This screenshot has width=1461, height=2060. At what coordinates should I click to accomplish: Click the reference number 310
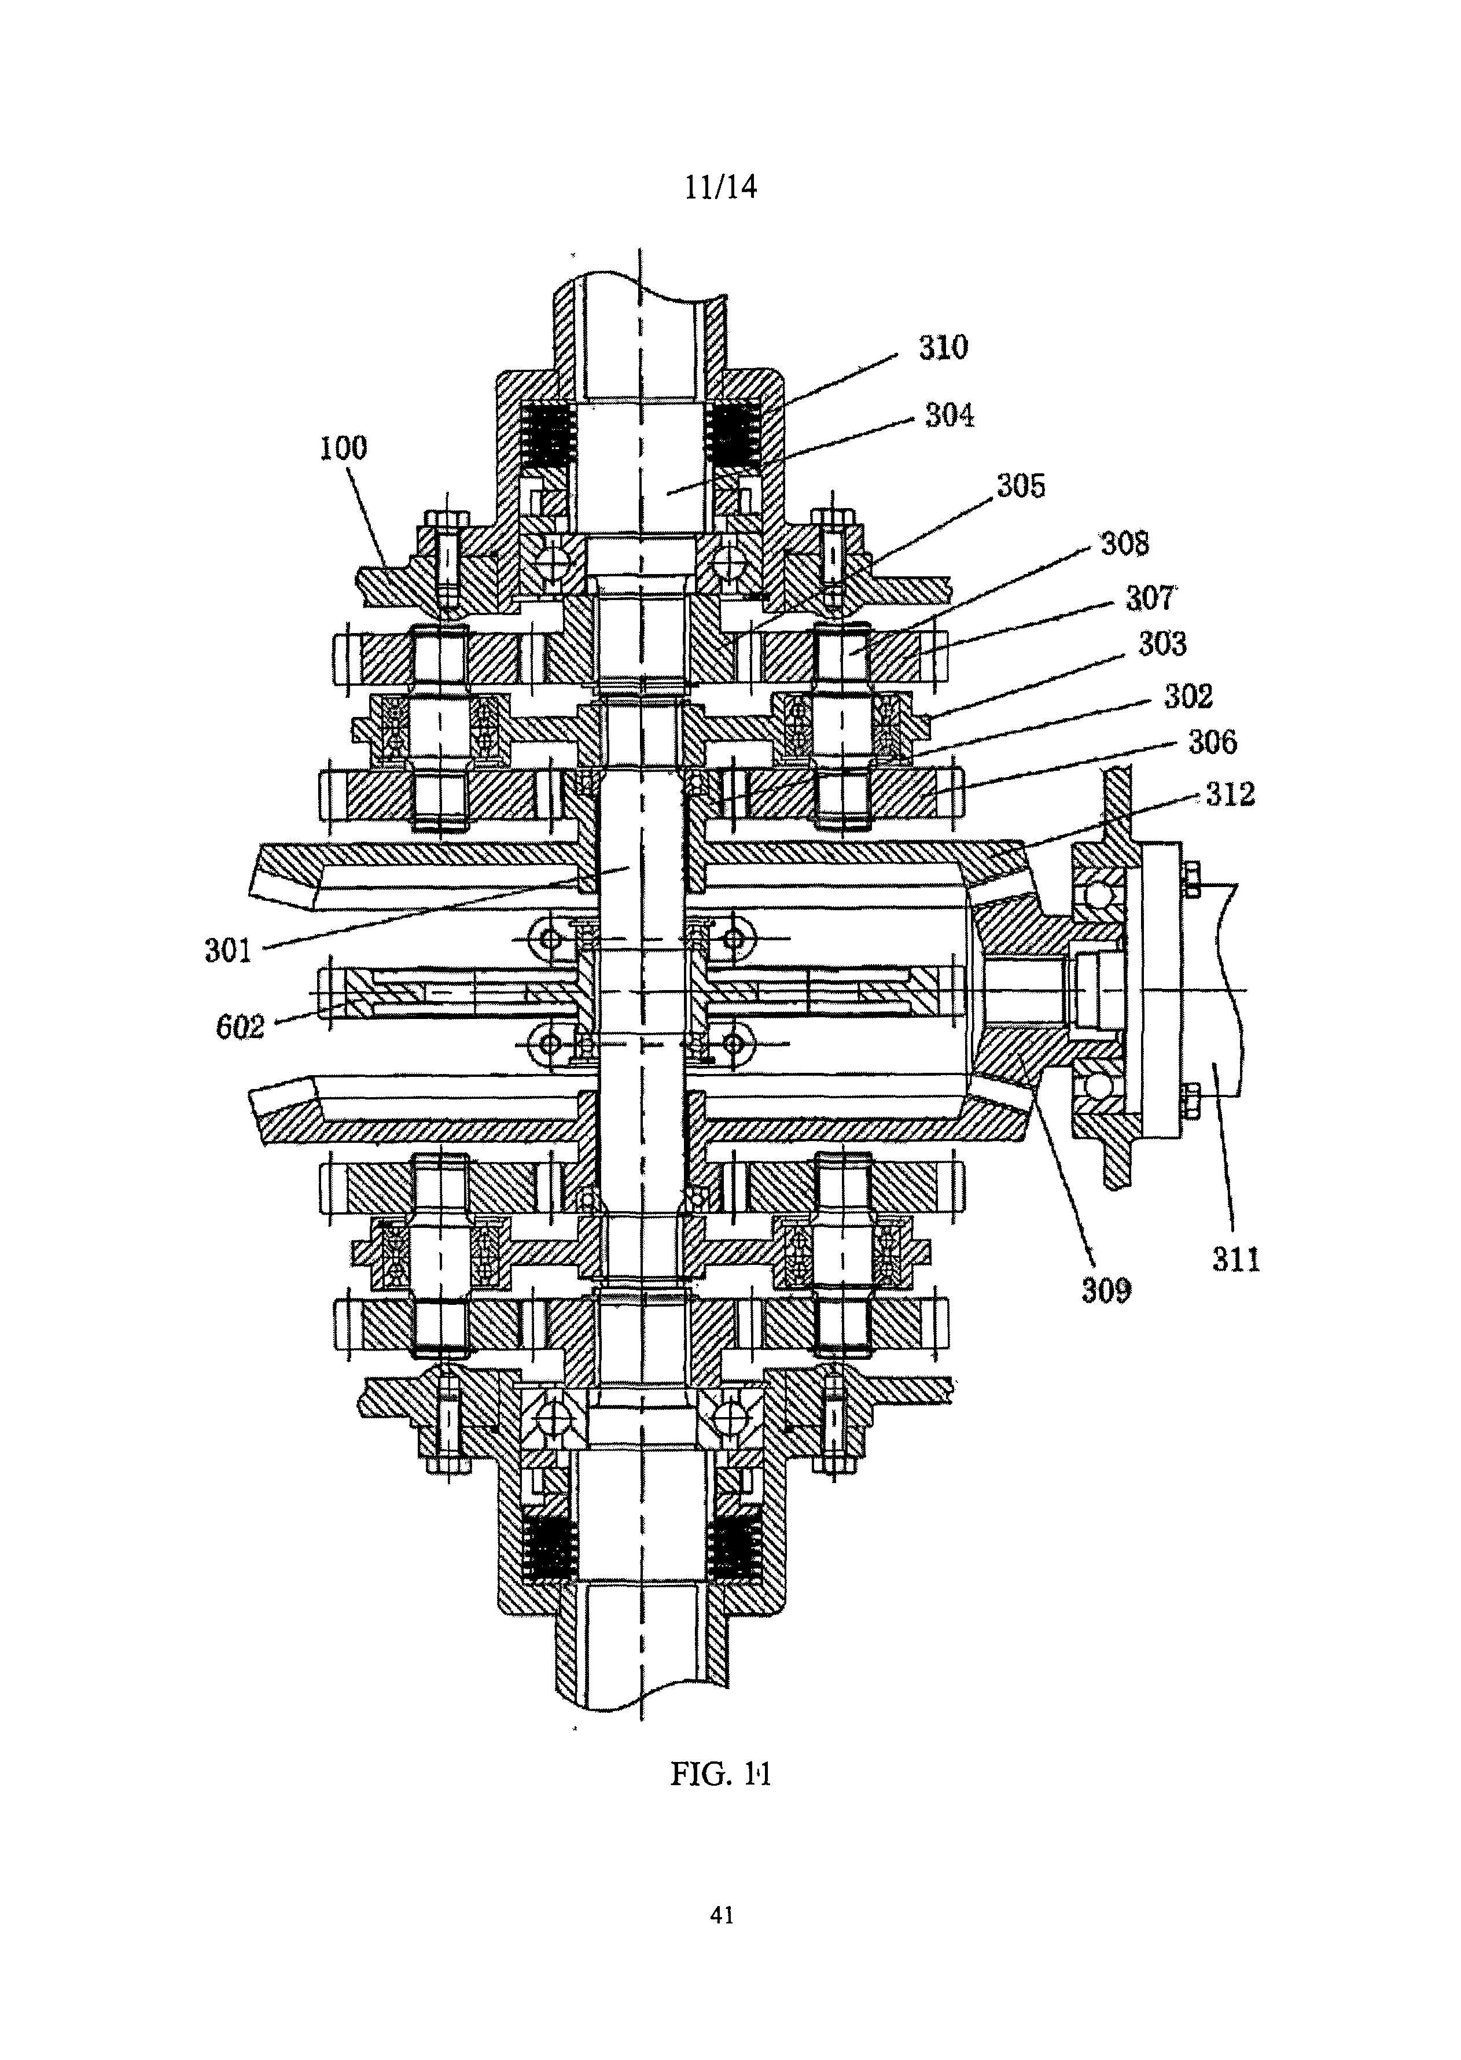click(x=943, y=347)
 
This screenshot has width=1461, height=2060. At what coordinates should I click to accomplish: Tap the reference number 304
click(x=950, y=415)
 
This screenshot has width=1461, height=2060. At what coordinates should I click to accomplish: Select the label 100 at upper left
click(x=344, y=448)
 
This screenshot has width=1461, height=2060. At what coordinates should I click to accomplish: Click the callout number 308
click(x=1125, y=543)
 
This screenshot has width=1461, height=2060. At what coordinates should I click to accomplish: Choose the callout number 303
click(x=1162, y=644)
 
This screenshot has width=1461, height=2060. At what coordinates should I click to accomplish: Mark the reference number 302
click(x=1188, y=696)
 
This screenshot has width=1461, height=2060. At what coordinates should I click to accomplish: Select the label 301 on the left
click(x=229, y=950)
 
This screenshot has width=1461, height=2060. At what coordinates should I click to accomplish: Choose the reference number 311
click(x=1236, y=1259)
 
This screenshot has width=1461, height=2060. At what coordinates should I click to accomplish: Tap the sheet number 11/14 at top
click(x=720, y=186)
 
